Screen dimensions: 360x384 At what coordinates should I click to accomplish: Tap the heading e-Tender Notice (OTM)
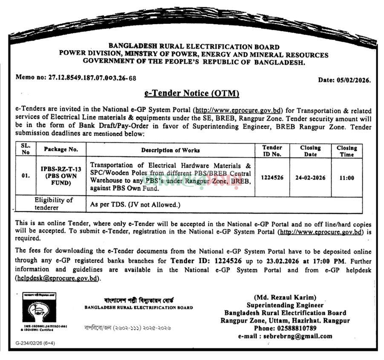click(x=192, y=93)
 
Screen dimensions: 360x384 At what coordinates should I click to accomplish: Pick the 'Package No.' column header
click(x=61, y=150)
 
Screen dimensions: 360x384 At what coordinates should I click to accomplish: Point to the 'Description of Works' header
click(x=170, y=150)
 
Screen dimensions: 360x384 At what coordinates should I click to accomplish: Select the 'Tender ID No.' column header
click(x=271, y=151)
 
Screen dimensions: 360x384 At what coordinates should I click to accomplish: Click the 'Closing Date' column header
click(x=310, y=151)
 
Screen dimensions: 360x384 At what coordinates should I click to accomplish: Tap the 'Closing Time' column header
click(x=347, y=151)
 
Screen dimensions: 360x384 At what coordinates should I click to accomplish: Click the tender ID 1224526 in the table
click(x=271, y=177)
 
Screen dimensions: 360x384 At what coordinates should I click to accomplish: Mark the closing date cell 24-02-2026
click(x=310, y=177)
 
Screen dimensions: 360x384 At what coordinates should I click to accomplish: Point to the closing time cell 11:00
click(x=347, y=178)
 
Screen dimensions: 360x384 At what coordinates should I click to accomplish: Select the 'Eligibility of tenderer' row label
click(x=53, y=204)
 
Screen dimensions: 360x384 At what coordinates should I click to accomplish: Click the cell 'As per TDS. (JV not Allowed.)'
click(x=135, y=204)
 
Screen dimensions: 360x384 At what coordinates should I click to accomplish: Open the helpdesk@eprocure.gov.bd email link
click(x=58, y=278)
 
